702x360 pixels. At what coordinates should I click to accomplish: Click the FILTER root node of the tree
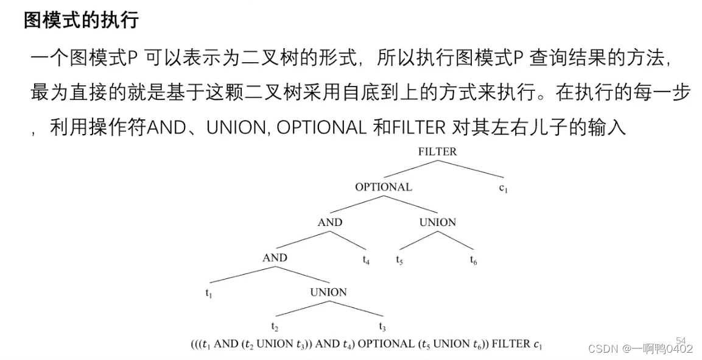click(437, 152)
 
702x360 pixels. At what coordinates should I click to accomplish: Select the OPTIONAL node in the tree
click(384, 187)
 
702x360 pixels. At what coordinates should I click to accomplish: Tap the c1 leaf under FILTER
click(503, 188)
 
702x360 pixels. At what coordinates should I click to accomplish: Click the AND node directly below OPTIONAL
click(330, 222)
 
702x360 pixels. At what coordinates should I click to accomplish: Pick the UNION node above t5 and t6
click(437, 222)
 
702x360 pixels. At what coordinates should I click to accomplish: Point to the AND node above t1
click(275, 258)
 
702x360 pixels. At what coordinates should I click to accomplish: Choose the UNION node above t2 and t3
click(328, 292)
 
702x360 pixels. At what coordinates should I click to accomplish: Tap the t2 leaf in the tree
click(275, 326)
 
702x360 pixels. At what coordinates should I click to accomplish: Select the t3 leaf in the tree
click(382, 326)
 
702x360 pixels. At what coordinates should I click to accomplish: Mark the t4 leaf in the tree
click(366, 261)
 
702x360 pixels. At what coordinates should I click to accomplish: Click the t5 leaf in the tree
click(399, 261)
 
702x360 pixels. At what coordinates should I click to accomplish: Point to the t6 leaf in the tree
click(473, 261)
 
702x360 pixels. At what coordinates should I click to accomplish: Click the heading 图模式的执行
click(81, 20)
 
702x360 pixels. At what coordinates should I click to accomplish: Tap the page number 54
click(681, 340)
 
